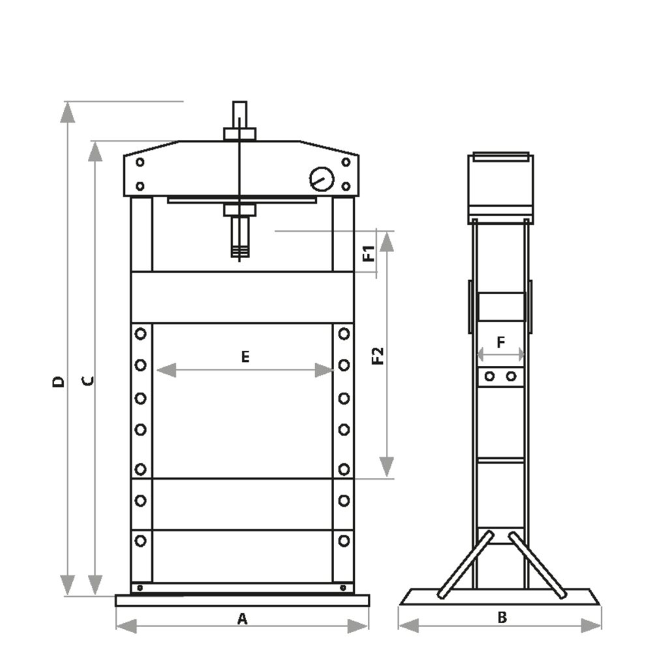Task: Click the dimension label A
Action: coord(242,619)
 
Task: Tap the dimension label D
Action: coord(59,380)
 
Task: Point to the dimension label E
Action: coord(245,356)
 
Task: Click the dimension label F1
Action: coord(368,253)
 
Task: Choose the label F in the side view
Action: coord(500,342)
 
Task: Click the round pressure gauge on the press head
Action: coord(322,179)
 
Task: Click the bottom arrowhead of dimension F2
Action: coord(387,466)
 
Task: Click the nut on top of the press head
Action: coord(240,134)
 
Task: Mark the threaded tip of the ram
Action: coord(240,251)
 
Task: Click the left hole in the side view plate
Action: coord(490,376)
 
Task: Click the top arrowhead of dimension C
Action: coord(96,152)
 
